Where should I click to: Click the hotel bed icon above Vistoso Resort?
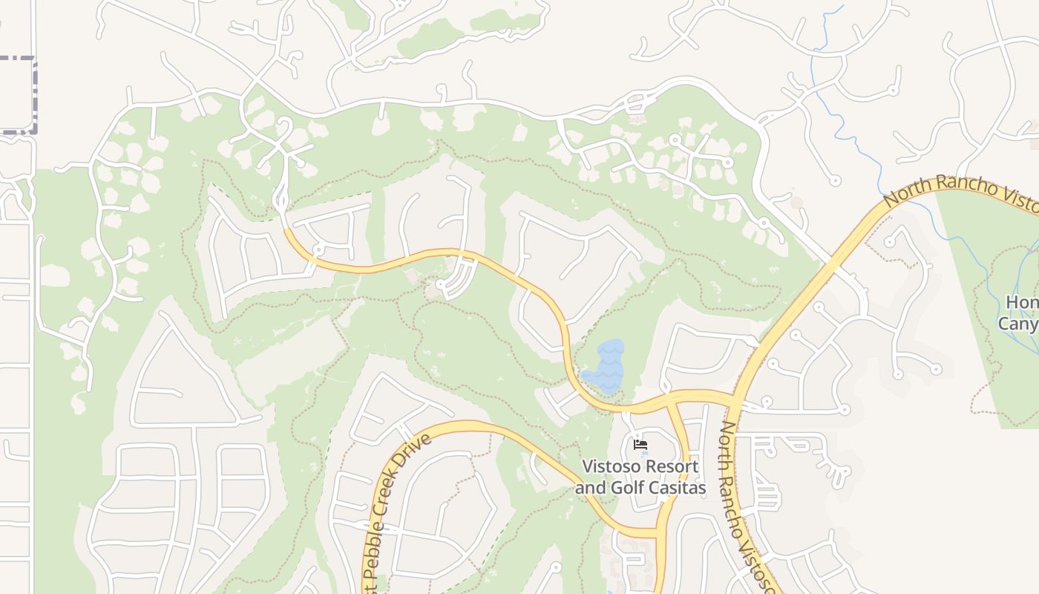640,445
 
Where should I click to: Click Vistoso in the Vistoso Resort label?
609,467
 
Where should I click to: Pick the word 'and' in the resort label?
590,488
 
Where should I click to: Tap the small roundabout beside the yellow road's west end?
318,250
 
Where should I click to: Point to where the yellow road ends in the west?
286,229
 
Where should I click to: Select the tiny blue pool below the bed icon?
642,453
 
